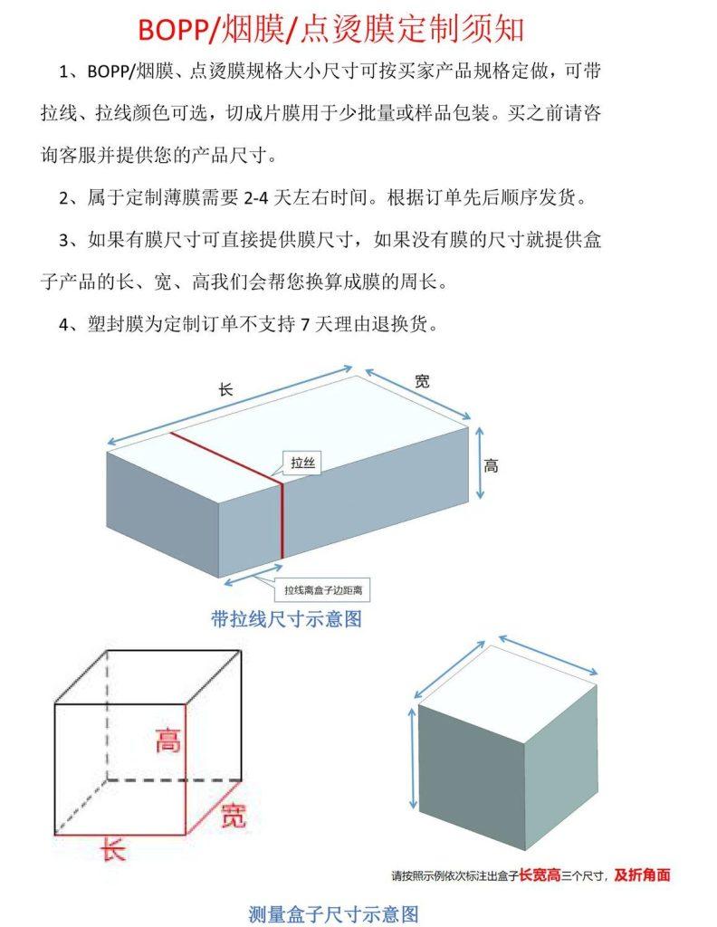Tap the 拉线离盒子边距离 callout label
coord(326,589)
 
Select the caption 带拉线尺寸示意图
coord(286,619)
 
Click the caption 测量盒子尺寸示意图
coord(333,913)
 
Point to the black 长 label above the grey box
coord(226,390)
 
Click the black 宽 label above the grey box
coord(422,381)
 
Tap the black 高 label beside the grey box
coord(491,466)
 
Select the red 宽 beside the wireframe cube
coord(232,815)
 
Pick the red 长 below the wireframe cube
coord(112,851)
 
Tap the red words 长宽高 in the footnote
coord(539,875)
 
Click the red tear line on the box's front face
coord(281,516)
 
